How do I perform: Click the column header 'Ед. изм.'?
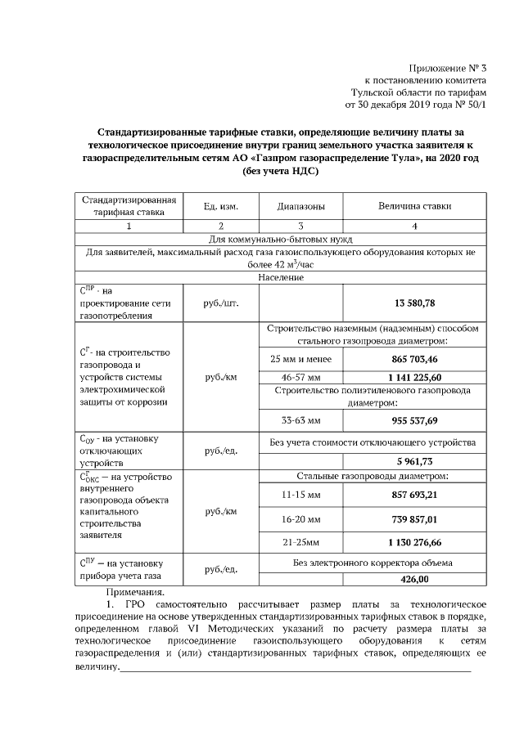[220, 206]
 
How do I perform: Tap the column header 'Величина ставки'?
[414, 206]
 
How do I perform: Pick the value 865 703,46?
[414, 359]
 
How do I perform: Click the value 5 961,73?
[414, 461]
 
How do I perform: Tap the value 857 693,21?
[414, 495]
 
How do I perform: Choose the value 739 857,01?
[414, 518]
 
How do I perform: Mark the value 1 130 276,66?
[414, 541]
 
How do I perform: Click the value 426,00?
[414, 579]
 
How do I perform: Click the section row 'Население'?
[280, 278]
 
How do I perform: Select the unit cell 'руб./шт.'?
[220, 303]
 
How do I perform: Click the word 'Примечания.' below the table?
[135, 591]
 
